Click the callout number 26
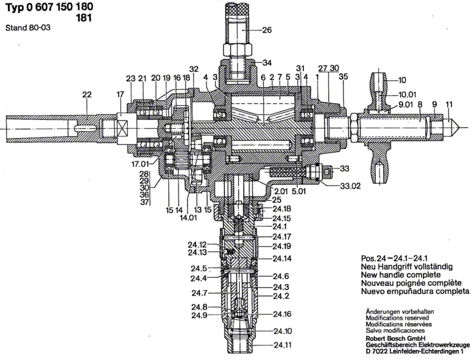tap(267, 30)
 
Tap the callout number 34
tap(267, 63)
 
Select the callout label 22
tap(87, 94)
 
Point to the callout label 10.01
tap(408, 94)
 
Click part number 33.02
tap(350, 186)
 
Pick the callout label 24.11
tap(283, 345)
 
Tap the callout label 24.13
tap(197, 252)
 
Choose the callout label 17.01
tap(140, 164)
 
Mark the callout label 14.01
tap(189, 217)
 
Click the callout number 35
tap(343, 76)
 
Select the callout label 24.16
tap(282, 314)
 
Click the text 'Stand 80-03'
tap(28, 28)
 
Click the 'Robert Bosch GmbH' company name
tap(395, 338)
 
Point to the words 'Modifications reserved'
tap(397, 318)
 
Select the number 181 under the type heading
tap(84, 18)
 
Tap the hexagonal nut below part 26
tap(237, 50)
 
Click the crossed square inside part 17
tap(122, 128)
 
